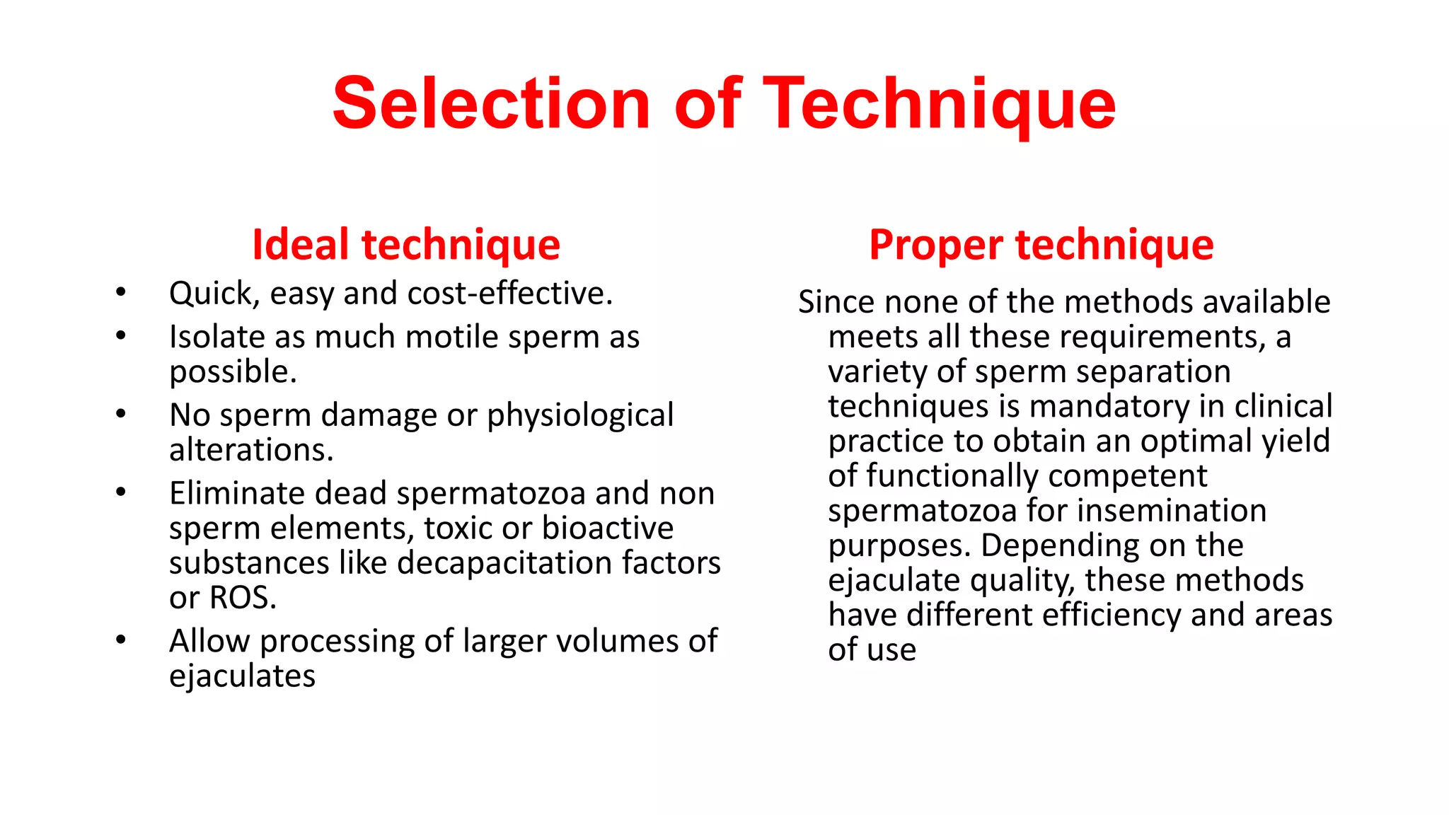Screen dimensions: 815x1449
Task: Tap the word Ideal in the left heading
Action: (301, 245)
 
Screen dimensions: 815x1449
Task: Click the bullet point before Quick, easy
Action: (121, 291)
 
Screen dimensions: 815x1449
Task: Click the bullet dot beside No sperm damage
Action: (121, 413)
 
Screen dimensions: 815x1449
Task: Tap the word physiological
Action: (580, 416)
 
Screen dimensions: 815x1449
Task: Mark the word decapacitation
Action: (505, 563)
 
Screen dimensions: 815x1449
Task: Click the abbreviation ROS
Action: (243, 598)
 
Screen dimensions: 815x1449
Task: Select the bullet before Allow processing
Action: (121, 640)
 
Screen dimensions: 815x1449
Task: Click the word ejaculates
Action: (242, 676)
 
